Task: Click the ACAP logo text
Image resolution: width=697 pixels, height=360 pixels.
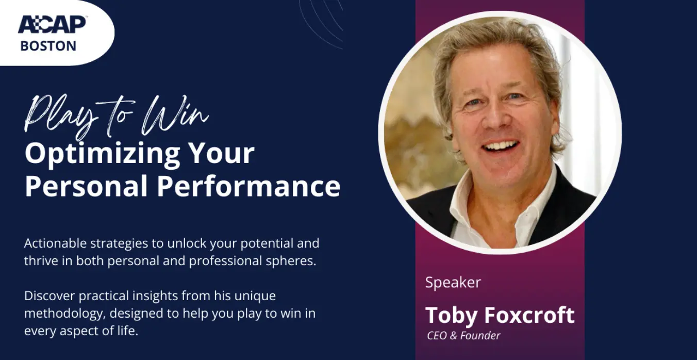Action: pos(52,24)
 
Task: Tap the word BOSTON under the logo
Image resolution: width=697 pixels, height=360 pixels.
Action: pos(48,46)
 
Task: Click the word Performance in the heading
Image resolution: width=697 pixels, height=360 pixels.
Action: pos(248,186)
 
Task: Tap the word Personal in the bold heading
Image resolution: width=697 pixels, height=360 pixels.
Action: pos(86,186)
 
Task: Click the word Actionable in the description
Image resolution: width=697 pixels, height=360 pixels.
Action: pos(55,243)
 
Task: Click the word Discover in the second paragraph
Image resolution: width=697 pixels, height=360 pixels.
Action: pos(50,296)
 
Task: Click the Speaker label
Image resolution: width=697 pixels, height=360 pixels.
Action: pos(453,283)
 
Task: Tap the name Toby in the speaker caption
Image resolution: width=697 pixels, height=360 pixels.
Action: pos(451,316)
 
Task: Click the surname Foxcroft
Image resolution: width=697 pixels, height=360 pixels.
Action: pos(529,315)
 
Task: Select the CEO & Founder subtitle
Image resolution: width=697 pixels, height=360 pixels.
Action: pos(463,335)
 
